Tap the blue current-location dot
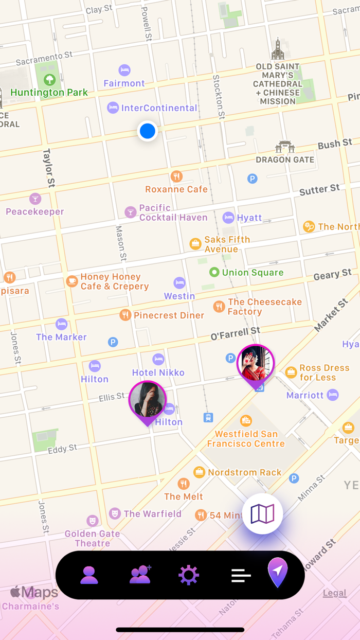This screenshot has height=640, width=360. tap(148, 131)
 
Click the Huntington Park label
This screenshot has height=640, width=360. tap(49, 93)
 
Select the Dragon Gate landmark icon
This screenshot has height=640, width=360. tap(285, 147)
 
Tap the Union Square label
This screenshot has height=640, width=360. tap(253, 272)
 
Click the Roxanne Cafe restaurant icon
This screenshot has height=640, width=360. tap(176, 176)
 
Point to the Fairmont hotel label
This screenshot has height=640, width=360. tap(124, 83)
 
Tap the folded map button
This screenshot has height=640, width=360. tap(262, 513)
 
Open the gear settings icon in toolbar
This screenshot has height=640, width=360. tap(188, 575)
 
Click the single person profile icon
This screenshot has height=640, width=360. tap(89, 575)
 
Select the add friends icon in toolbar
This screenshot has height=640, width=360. tap(140, 575)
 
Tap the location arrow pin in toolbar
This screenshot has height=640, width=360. tap(278, 572)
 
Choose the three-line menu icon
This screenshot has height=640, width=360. tap(241, 575)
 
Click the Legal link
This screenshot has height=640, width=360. tap(334, 593)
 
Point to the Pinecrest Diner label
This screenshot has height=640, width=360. tap(169, 315)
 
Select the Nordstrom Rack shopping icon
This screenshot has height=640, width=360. tap(199, 472)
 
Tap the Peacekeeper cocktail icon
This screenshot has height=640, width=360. tap(35, 199)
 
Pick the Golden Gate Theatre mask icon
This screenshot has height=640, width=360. tap(92, 520)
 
